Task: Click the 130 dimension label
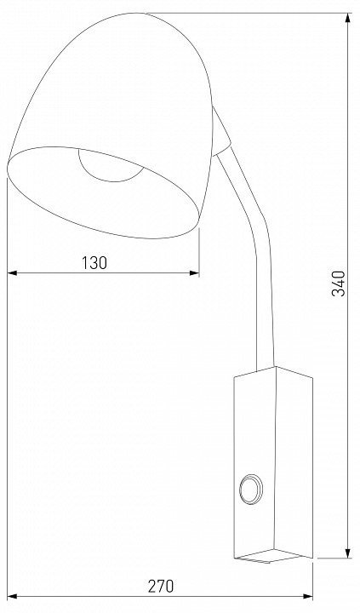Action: point(94,263)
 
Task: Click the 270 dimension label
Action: point(161,586)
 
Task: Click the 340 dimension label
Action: point(339,284)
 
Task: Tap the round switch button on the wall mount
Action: point(250,489)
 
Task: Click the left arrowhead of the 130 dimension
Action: point(12,273)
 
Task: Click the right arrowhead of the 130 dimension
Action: point(194,273)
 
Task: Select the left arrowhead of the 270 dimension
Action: point(12,597)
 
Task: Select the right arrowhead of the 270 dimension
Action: point(308,597)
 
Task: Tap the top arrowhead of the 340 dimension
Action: point(348,18)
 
